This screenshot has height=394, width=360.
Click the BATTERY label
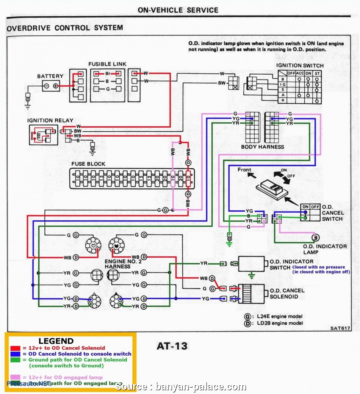(50, 76)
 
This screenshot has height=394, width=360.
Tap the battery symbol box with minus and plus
(51, 86)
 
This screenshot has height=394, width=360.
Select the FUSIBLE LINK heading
(107, 64)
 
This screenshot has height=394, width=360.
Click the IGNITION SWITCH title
(300, 65)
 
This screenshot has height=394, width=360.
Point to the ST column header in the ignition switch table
(317, 73)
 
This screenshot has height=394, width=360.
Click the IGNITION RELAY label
(50, 120)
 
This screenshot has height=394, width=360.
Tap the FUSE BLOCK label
(88, 164)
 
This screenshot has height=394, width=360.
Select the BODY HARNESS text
(263, 146)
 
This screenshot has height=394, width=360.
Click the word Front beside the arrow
(244, 170)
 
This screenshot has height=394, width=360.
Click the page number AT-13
(172, 346)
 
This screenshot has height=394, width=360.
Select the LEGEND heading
(56, 341)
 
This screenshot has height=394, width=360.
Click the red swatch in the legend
(15, 348)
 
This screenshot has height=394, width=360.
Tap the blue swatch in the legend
(15, 354)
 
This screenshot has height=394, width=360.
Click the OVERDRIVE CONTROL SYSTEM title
(65, 28)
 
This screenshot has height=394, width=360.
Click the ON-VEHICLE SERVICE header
(178, 10)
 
